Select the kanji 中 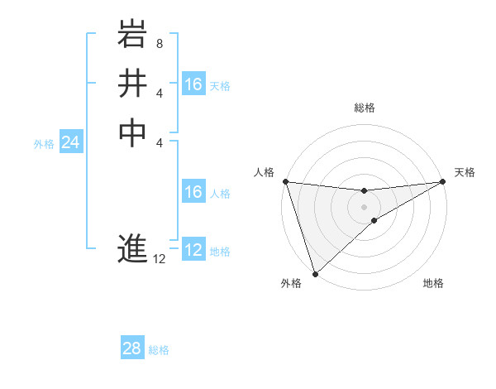pos(132,132)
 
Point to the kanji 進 pos(132,248)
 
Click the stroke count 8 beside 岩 pos(160,42)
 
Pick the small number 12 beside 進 pos(160,259)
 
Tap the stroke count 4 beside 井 pos(160,93)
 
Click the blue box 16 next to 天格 pos(193,84)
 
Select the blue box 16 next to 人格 pos(193,192)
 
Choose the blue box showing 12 pos(193,250)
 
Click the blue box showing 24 pos(71,142)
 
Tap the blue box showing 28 pos(132,348)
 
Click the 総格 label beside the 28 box pos(159,350)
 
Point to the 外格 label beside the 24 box pos(44,143)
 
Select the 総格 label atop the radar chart pos(364,108)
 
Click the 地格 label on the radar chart pos(433,284)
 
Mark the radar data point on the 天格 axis pos(443,181)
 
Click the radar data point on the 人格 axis pos(285,181)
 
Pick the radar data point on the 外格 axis pos(315,273)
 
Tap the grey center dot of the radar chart pos(364,206)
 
